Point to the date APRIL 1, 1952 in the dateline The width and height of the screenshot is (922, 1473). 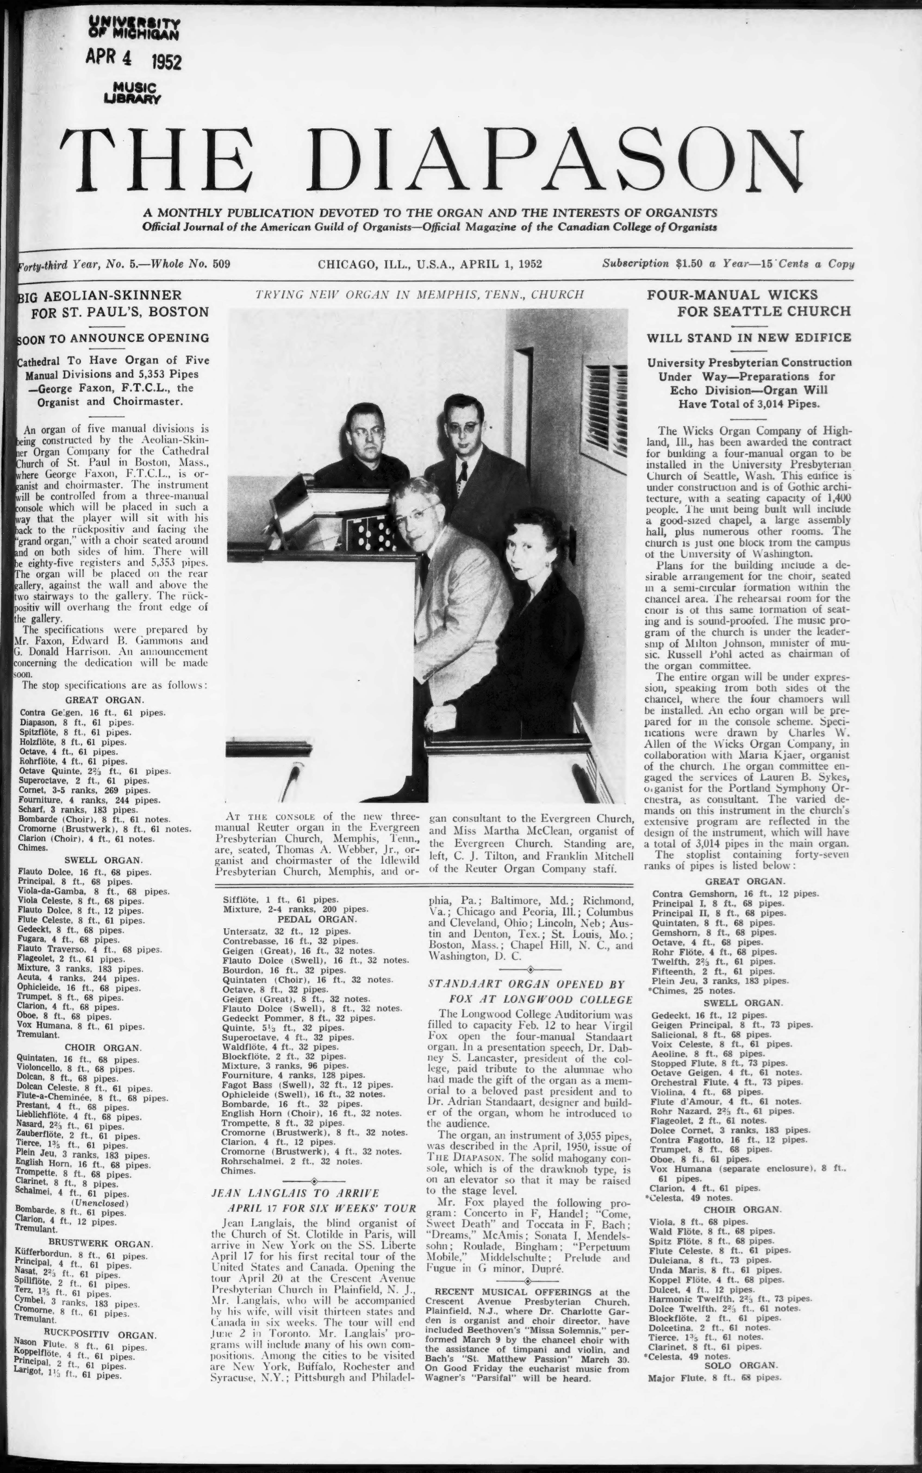click(x=501, y=264)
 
